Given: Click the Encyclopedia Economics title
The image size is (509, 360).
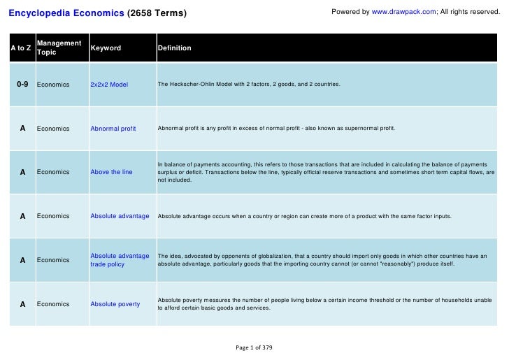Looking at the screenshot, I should pyautogui.click(x=66, y=13).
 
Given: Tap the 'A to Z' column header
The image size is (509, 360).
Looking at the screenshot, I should pyautogui.click(x=20, y=48).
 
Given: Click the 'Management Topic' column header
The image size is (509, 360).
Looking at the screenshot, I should pyautogui.click(x=59, y=48).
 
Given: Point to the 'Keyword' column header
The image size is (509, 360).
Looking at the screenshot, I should pyautogui.click(x=106, y=48).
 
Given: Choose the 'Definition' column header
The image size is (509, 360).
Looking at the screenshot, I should pyautogui.click(x=174, y=48).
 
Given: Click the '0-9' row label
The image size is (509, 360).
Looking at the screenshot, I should pyautogui.click(x=22, y=85).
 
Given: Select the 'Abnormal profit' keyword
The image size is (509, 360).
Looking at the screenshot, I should pyautogui.click(x=113, y=129).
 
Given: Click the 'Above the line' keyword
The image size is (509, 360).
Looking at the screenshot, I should pyautogui.click(x=111, y=172).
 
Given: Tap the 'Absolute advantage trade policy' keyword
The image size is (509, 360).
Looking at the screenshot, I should pyautogui.click(x=120, y=260).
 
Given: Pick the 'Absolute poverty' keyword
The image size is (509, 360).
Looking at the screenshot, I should pyautogui.click(x=115, y=304).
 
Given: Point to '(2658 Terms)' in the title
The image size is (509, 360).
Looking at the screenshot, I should pyautogui.click(x=157, y=13).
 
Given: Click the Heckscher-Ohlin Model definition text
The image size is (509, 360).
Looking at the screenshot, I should pyautogui.click(x=249, y=85).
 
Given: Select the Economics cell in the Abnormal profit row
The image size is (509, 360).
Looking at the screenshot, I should pyautogui.click(x=53, y=129).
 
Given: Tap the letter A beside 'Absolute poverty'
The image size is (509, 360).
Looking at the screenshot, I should pyautogui.click(x=22, y=304).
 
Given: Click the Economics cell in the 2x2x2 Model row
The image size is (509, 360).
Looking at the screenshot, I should pyautogui.click(x=53, y=85).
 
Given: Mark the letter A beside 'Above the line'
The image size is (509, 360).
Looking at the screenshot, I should pyautogui.click(x=22, y=172).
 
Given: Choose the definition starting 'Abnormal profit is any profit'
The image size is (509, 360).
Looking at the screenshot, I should pyautogui.click(x=276, y=129).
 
